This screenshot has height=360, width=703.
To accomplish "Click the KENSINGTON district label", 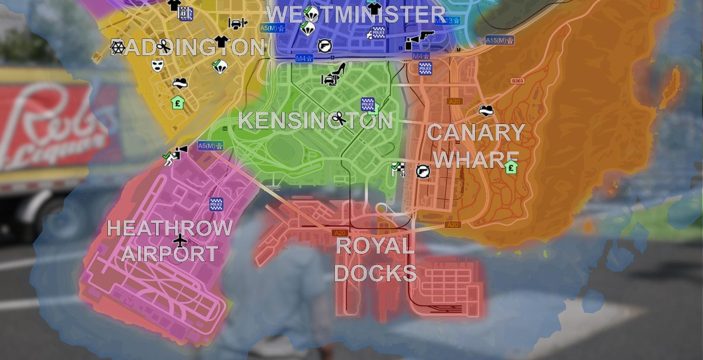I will point(315,121).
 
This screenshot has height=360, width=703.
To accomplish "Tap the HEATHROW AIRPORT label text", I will point(169,240).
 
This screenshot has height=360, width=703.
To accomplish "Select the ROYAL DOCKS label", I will point(375,259).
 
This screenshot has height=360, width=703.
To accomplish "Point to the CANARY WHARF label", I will point(476,145).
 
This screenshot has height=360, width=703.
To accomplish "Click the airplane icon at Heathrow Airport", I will point(180,240).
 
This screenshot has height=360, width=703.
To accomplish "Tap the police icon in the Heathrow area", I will point(216,204).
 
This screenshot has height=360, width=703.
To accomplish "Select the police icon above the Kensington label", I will point(367,105).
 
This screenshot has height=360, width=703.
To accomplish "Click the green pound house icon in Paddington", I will point(178,103).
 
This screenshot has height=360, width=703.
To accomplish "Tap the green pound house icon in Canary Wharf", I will point(511,167).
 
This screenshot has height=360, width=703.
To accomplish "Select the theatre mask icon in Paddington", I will point(157,66).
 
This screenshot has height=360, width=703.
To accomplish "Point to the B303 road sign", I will point(517,81).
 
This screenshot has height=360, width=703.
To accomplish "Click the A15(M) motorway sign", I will point(500,41).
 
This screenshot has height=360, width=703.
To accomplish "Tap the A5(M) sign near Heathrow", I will point(210,146).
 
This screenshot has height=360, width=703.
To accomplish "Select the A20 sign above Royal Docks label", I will point(339,233).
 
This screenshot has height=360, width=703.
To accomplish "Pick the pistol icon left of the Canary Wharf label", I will point(422,171).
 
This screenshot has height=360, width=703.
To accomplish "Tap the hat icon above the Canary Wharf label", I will point(486,110).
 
